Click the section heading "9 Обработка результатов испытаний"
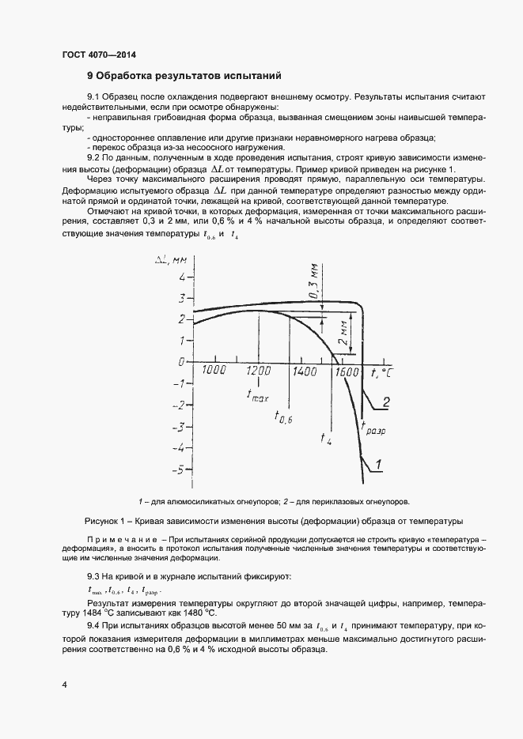184,77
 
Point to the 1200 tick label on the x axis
259,371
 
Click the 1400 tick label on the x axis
302,371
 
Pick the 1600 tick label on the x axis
346,371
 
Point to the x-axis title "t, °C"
381,371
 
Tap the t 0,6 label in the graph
283,417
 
